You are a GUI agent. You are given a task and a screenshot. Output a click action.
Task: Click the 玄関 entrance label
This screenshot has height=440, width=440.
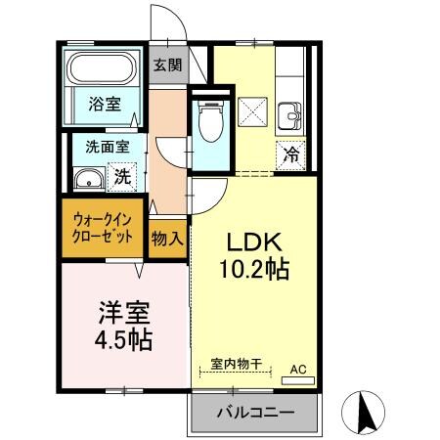point(167,66)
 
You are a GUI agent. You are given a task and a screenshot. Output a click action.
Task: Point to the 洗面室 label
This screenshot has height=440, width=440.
point(101,149)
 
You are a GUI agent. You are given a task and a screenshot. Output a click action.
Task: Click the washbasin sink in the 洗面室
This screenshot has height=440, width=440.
point(87,179)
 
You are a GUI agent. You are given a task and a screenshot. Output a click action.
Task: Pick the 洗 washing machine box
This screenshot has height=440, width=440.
point(122,178)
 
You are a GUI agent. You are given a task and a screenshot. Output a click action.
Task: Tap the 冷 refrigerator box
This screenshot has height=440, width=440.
point(290,153)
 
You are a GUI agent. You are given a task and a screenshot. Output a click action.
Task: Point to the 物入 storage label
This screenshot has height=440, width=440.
point(167,237)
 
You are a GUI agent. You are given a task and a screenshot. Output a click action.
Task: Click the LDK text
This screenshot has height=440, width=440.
point(256,242)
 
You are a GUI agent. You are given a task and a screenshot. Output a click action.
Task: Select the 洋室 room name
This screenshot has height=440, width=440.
point(123,314)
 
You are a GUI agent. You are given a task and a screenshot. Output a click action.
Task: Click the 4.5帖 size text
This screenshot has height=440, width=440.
point(123,342)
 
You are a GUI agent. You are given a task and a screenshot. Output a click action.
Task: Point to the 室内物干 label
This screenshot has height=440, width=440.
point(235,364)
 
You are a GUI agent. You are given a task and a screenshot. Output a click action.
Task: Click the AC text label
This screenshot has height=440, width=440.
point(299,370)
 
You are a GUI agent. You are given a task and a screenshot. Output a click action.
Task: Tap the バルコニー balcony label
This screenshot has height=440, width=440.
point(255,415)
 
